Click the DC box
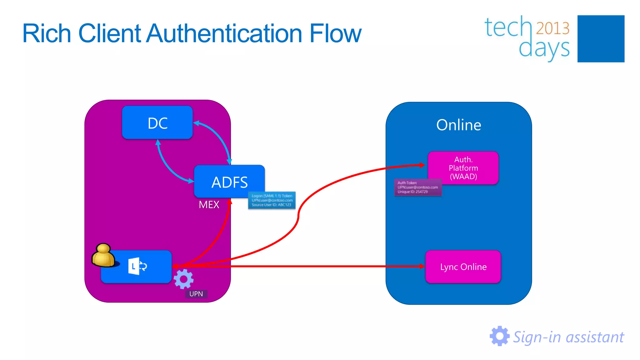click(x=157, y=123)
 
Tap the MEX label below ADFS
click(x=209, y=205)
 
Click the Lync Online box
click(x=463, y=267)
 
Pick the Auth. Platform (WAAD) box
click(x=463, y=168)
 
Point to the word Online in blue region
click(x=458, y=125)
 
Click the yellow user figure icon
click(x=104, y=256)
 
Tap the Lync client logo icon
click(x=137, y=266)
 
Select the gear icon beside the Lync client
click(x=183, y=279)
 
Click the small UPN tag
click(x=196, y=294)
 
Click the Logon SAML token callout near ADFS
click(x=272, y=200)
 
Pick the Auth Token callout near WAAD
click(x=418, y=187)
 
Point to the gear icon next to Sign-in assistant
click(x=499, y=336)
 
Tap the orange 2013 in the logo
click(x=552, y=28)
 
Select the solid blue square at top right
click(x=601, y=39)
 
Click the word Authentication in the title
click(x=225, y=33)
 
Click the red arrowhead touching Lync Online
click(x=422, y=266)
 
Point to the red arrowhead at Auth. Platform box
click(x=422, y=165)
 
